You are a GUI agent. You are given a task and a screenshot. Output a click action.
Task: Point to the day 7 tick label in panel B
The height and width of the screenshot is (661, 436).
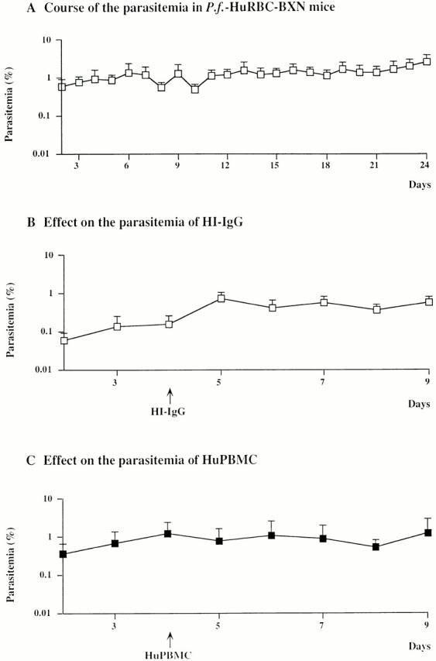[323, 382]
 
